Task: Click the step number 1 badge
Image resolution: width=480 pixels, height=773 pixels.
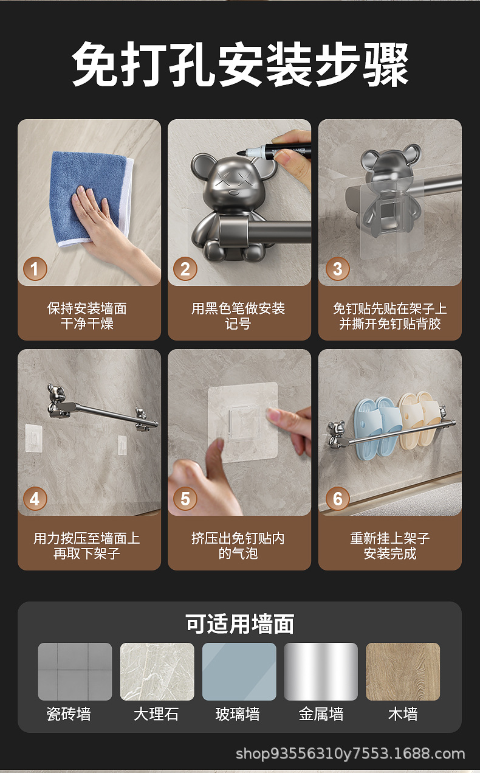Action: click(x=35, y=269)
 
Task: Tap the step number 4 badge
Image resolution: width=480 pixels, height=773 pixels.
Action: click(x=35, y=499)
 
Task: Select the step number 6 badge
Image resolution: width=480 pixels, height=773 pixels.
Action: click(x=338, y=499)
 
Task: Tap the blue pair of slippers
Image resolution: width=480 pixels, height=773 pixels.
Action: click(x=377, y=428)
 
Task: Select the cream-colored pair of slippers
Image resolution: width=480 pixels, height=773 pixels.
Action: click(x=419, y=419)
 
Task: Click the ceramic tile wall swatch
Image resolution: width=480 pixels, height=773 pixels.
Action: click(x=75, y=671)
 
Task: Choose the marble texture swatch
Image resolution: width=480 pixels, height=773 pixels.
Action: click(x=157, y=671)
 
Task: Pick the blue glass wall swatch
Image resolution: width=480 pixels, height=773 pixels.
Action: click(x=239, y=671)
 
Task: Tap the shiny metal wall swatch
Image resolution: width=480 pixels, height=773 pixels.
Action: click(x=321, y=671)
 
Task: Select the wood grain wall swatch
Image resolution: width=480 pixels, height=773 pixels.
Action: click(x=403, y=671)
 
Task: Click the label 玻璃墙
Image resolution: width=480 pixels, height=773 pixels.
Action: click(x=238, y=714)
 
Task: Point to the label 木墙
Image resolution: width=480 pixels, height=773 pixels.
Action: click(x=403, y=714)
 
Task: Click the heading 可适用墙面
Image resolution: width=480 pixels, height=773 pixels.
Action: click(x=239, y=624)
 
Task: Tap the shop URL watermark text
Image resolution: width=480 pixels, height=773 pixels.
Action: click(x=351, y=754)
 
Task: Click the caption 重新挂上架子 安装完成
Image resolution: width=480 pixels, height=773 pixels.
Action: click(x=390, y=546)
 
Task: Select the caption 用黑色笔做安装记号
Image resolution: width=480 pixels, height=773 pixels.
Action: click(x=238, y=316)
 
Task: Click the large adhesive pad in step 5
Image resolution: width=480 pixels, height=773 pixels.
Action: click(x=243, y=421)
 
